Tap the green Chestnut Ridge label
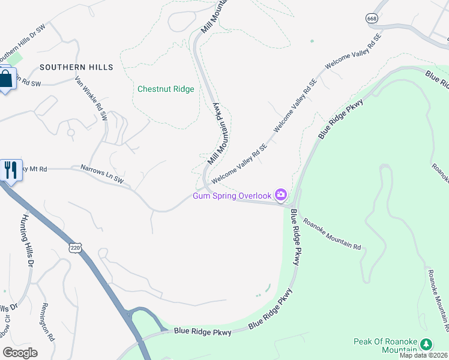tap(166, 89)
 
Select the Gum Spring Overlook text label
tap(232, 195)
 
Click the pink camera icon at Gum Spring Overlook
tap(280, 194)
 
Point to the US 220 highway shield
tap(75, 247)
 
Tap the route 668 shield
tap(372, 18)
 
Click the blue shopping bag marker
tap(6, 79)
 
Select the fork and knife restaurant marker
tap(10, 170)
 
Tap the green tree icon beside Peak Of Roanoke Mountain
tap(426, 344)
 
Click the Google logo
tap(20, 352)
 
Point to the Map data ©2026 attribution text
tap(424, 355)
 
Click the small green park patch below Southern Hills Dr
tap(16, 59)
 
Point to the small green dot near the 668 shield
tap(312, 41)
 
